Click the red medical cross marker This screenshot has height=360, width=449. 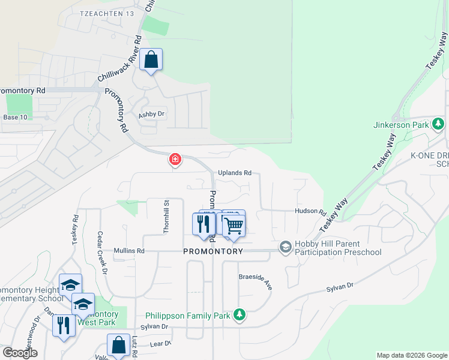click(x=175, y=160)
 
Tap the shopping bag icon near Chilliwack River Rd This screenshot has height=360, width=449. click(x=151, y=60)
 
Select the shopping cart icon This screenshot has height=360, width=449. click(x=234, y=225)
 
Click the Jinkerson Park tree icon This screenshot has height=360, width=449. click(x=439, y=124)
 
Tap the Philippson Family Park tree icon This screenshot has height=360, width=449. click(x=240, y=314)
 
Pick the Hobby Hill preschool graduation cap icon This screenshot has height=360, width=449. click(x=285, y=247)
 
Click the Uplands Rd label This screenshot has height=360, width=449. click(x=234, y=173)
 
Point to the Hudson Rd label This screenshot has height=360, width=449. click(x=309, y=211)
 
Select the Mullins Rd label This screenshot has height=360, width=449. click(x=129, y=251)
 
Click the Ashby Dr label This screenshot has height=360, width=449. click(x=151, y=114)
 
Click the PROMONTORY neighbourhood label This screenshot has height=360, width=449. click(x=213, y=251)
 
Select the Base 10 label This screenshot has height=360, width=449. click(x=15, y=117)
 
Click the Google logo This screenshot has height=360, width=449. click(x=20, y=353)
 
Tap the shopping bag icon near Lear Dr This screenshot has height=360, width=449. click(x=118, y=345)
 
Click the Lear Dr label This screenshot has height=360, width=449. click(x=160, y=344)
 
